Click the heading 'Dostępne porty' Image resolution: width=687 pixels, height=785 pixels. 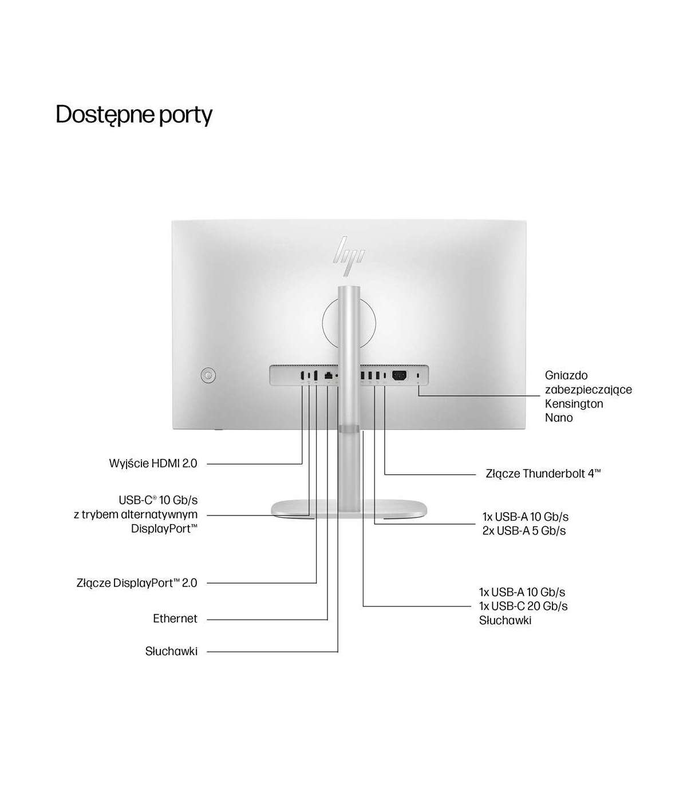(x=134, y=114)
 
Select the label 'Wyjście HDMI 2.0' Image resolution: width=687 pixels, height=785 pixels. (x=153, y=463)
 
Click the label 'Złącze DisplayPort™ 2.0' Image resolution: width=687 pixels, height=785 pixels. (x=137, y=583)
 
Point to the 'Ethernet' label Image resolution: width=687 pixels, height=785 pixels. (x=175, y=619)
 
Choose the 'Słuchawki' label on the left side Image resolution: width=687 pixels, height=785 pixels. (x=171, y=651)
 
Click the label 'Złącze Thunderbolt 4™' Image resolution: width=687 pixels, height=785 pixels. (x=543, y=474)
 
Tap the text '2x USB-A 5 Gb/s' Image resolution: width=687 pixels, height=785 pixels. (x=524, y=531)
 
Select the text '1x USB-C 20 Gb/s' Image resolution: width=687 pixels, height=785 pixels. (x=523, y=606)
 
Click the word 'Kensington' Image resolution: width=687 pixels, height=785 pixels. (x=574, y=403)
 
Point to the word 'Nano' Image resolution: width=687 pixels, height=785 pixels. (x=559, y=418)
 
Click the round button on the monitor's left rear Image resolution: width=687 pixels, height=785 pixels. (x=208, y=375)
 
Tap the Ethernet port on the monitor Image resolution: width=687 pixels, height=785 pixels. (x=328, y=376)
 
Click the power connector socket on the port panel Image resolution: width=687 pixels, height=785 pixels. (x=399, y=375)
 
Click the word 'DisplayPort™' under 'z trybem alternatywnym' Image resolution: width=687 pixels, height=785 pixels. (x=164, y=529)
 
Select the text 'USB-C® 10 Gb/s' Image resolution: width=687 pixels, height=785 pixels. (x=158, y=500)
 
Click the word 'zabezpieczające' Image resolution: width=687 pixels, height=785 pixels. (x=589, y=390)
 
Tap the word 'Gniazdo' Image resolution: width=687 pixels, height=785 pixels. (x=566, y=375)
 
